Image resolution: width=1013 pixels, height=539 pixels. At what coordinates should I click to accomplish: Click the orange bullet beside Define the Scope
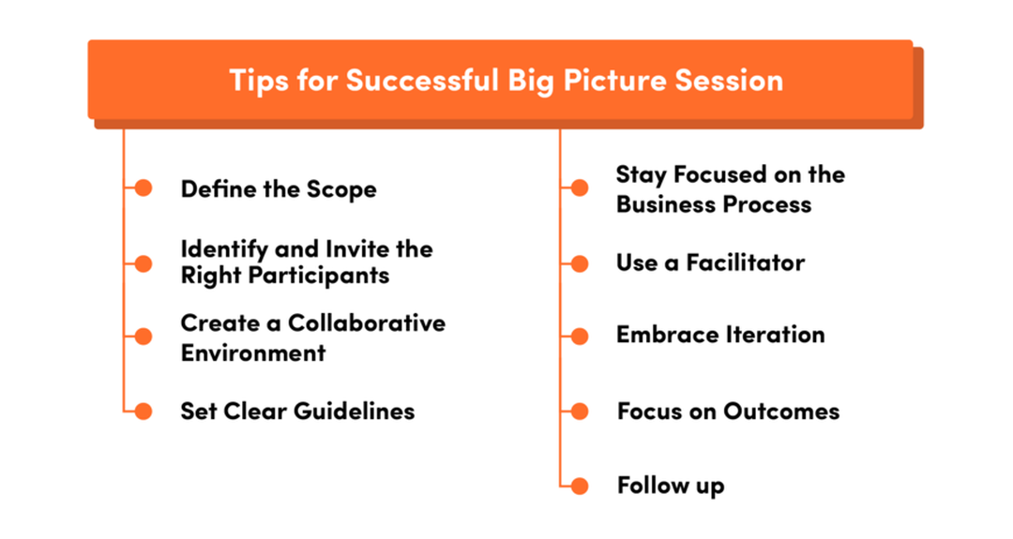pyautogui.click(x=143, y=188)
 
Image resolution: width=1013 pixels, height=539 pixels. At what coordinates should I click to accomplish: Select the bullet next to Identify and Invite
pyautogui.click(x=143, y=263)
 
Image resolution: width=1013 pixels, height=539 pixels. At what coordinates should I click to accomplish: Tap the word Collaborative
pyautogui.click(x=367, y=323)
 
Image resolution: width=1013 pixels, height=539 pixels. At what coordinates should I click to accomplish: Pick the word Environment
pyautogui.click(x=253, y=353)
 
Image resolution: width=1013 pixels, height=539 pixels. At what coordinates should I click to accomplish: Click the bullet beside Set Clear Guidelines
pyautogui.click(x=143, y=411)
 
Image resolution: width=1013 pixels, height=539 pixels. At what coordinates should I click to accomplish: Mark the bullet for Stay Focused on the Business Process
pyautogui.click(x=579, y=188)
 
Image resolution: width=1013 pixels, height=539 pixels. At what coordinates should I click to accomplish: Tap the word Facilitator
pyautogui.click(x=745, y=262)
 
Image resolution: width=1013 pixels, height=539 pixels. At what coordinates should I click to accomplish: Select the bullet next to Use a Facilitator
pyautogui.click(x=579, y=263)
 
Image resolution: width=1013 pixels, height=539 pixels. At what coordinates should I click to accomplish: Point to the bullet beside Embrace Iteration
pyautogui.click(x=579, y=336)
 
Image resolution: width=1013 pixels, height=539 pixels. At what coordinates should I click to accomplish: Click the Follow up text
pyautogui.click(x=671, y=486)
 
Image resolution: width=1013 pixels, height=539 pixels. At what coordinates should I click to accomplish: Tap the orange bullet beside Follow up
pyautogui.click(x=579, y=486)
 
